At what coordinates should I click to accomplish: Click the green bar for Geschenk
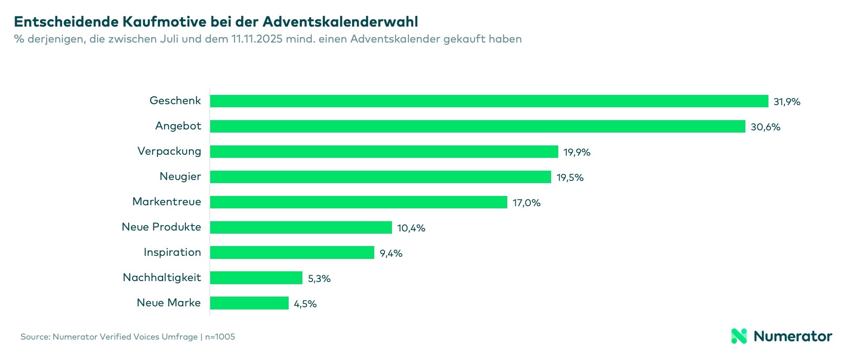[x=489, y=101]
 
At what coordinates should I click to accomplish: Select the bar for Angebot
[x=477, y=126]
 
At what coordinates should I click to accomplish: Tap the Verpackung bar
[x=384, y=152]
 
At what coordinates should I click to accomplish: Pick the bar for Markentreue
[x=358, y=202]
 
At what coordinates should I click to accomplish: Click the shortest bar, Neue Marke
[x=249, y=303]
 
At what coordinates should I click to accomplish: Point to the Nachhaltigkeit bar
[x=256, y=278]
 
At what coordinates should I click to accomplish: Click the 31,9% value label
[x=787, y=102]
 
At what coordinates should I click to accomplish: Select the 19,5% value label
[x=570, y=178]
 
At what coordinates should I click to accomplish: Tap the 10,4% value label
[x=411, y=228]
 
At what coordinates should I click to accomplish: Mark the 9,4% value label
[x=391, y=254]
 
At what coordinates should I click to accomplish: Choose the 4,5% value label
[x=305, y=304]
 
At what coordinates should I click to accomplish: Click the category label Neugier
[x=180, y=176]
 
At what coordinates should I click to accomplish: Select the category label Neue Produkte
[x=161, y=227]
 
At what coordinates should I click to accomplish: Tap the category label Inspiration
[x=172, y=252]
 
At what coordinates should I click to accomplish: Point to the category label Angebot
[x=178, y=126]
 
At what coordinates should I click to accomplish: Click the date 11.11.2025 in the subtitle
[x=257, y=39]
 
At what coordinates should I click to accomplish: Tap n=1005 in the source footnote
[x=220, y=337]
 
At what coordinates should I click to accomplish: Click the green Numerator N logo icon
[x=739, y=336]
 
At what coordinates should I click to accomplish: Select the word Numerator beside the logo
[x=793, y=336]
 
